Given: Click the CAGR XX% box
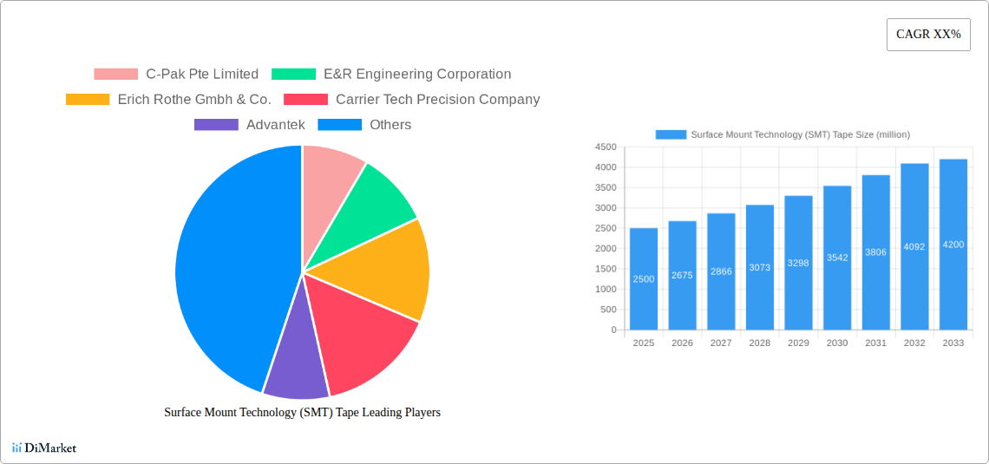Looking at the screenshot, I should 928,35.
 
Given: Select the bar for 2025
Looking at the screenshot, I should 644,278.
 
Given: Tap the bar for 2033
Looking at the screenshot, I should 953,245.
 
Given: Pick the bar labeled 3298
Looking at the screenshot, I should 798,263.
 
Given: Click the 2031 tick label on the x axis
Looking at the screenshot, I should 875,343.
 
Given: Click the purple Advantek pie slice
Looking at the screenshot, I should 295,373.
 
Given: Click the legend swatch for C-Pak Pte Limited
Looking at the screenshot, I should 115,75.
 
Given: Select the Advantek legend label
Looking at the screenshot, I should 275,125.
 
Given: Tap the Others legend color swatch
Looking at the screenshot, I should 339,125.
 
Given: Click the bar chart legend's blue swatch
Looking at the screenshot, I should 671,134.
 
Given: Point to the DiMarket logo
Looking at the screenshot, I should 44,448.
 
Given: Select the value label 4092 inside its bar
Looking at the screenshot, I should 914,247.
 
